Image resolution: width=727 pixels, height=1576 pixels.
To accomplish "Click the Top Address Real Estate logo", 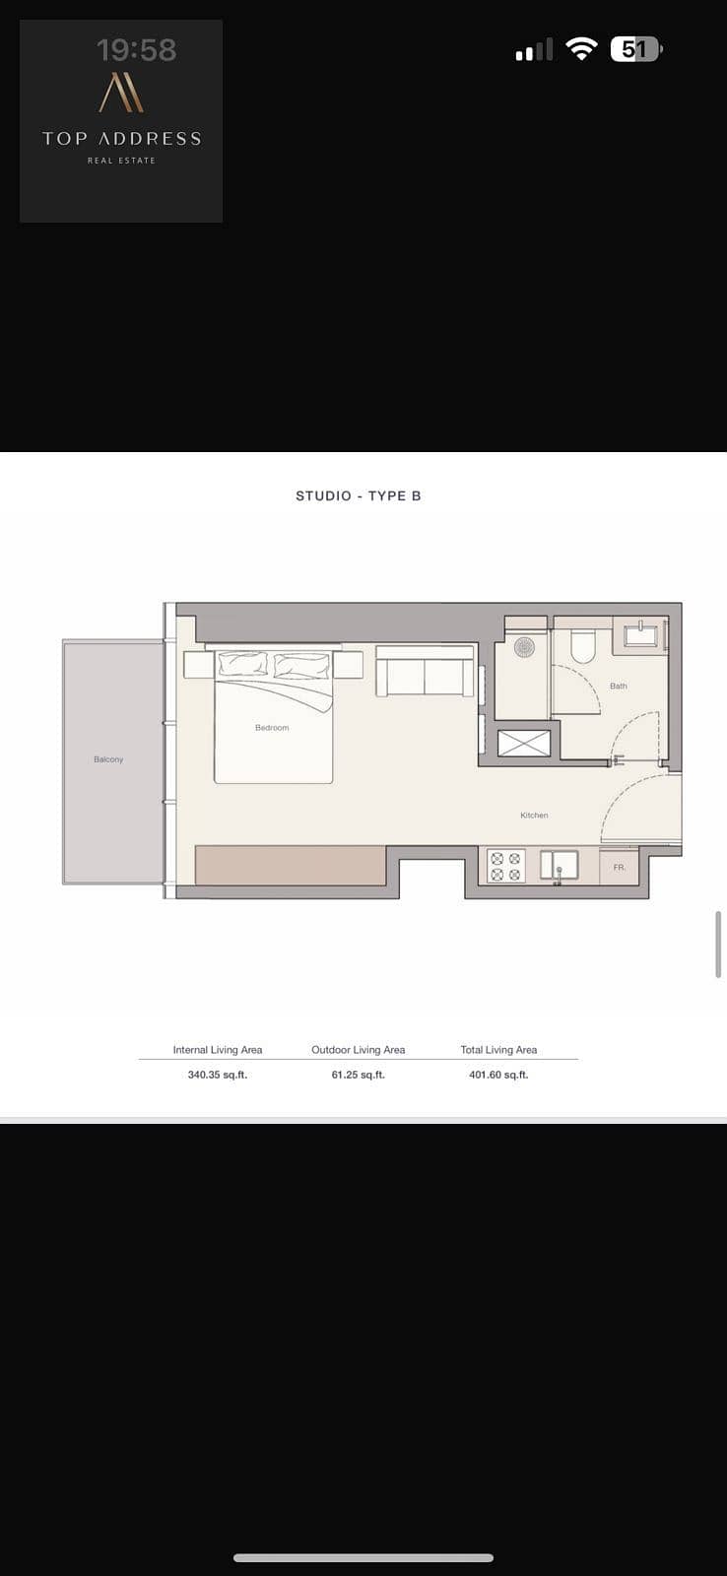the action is click(x=121, y=121).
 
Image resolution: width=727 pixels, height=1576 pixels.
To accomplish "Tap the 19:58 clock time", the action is click(x=137, y=50).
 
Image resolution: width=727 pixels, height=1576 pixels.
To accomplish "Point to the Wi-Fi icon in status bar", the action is click(x=581, y=49).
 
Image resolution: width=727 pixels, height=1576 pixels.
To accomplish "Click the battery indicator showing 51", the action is click(x=636, y=49).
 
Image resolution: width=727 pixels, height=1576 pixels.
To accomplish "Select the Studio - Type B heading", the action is click(x=359, y=496).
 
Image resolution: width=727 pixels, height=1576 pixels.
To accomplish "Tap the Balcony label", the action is click(x=108, y=759).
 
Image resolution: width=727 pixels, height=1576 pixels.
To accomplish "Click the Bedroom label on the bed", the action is click(x=272, y=728).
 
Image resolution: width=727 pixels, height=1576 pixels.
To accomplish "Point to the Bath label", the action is click(x=619, y=686).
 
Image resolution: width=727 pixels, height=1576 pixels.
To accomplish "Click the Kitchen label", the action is click(x=534, y=816).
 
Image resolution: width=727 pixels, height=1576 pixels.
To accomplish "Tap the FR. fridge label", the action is click(x=620, y=868).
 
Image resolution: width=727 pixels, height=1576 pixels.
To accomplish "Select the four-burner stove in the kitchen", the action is click(x=506, y=866).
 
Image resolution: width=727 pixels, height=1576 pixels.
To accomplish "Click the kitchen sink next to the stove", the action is click(x=560, y=866).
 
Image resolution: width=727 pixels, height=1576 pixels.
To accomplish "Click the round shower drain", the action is click(x=524, y=646).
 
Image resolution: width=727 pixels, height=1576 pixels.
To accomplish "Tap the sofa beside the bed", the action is click(x=426, y=671).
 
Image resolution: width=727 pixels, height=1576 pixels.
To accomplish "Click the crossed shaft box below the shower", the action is click(x=524, y=744).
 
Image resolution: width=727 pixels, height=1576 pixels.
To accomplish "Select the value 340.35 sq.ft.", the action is click(x=218, y=1075).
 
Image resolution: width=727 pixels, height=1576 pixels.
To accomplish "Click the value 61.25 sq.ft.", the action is click(x=359, y=1075).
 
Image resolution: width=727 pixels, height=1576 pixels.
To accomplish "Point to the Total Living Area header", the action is click(x=498, y=1050).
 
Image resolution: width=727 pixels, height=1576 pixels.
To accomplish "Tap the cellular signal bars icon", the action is click(x=534, y=50).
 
